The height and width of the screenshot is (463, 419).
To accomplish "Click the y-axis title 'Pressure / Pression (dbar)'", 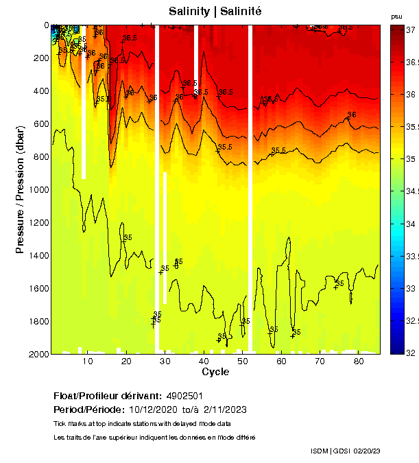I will pyautogui.click(x=20, y=189).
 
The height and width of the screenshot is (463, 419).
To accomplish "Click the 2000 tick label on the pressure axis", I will pyautogui.click(x=36, y=354).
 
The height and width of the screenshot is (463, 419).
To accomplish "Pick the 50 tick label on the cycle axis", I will pyautogui.click(x=242, y=361).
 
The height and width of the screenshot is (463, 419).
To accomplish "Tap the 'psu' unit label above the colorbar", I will pyautogui.click(x=396, y=16).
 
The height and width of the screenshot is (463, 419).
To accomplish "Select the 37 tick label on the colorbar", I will pyautogui.click(x=410, y=31).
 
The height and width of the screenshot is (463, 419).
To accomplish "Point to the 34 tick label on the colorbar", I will pyautogui.click(x=410, y=224).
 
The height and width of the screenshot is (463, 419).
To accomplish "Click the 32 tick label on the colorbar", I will pyautogui.click(x=410, y=353).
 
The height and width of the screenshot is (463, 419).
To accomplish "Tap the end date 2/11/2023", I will pyautogui.click(x=225, y=410).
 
